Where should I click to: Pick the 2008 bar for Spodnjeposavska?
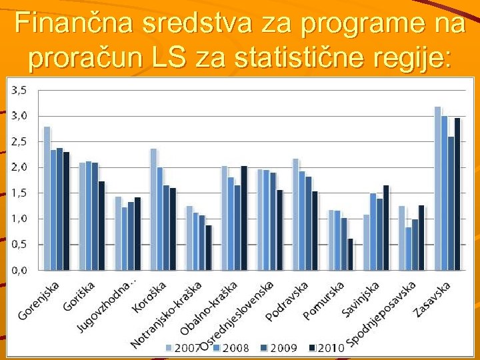(x=407, y=249)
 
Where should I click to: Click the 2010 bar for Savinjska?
(x=386, y=227)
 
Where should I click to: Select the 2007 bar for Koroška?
(x=153, y=209)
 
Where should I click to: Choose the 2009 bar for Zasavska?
(x=451, y=203)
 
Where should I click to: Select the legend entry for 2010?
(x=327, y=347)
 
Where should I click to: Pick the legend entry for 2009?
(x=281, y=347)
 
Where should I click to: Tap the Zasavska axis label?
(x=432, y=299)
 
